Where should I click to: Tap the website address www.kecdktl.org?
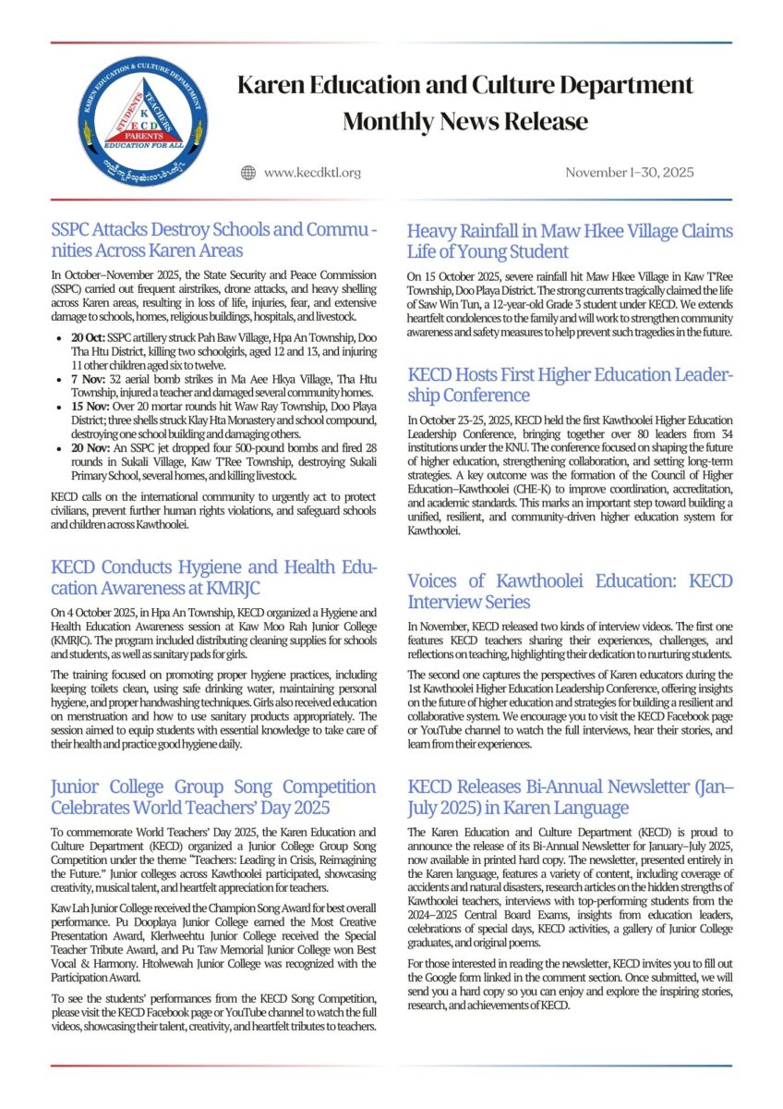pyautogui.click(x=312, y=172)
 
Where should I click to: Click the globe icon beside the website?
pyautogui.click(x=247, y=172)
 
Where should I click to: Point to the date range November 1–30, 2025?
pyautogui.click(x=630, y=172)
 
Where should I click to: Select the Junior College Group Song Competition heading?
pyautogui.click(x=213, y=797)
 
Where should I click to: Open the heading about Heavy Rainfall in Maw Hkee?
pyautogui.click(x=570, y=240)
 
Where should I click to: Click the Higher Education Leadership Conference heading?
pyautogui.click(x=570, y=385)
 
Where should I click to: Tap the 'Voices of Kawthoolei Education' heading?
pyautogui.click(x=570, y=591)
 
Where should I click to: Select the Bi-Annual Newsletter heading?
pyautogui.click(x=570, y=797)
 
